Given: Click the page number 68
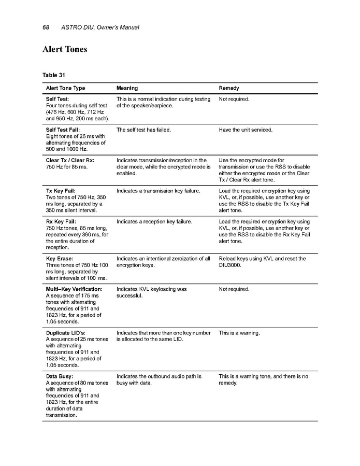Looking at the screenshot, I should pyautogui.click(x=45, y=27).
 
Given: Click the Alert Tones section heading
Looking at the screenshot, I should pyautogui.click(x=65, y=50).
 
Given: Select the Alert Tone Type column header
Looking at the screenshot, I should pyautogui.click(x=66, y=89).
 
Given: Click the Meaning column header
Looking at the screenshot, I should pyautogui.click(x=127, y=89).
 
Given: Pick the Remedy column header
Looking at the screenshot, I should pyautogui.click(x=229, y=89).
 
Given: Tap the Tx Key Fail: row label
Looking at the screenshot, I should pyautogui.click(x=61, y=191).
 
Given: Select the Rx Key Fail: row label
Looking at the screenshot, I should pyautogui.click(x=61, y=221).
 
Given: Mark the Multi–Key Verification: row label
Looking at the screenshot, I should pyautogui.click(x=74, y=289).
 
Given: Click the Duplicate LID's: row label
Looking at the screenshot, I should pyautogui.click(x=65, y=333).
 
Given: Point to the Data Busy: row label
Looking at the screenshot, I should pyautogui.click(x=60, y=376).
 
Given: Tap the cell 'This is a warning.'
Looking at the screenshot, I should pyautogui.click(x=239, y=333).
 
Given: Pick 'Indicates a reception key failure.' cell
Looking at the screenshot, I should pyautogui.click(x=154, y=221).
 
